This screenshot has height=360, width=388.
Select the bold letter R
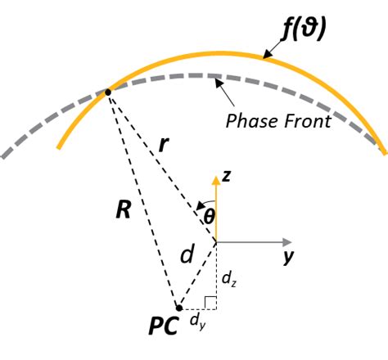pyautogui.click(x=122, y=209)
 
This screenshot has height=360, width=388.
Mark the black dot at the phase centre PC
pyautogui.click(x=178, y=309)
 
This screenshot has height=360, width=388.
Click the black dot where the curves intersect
pyautogui.click(x=108, y=92)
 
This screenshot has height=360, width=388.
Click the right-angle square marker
pyautogui.click(x=210, y=304)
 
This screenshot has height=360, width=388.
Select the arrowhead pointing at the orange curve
pyautogui.click(x=266, y=56)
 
